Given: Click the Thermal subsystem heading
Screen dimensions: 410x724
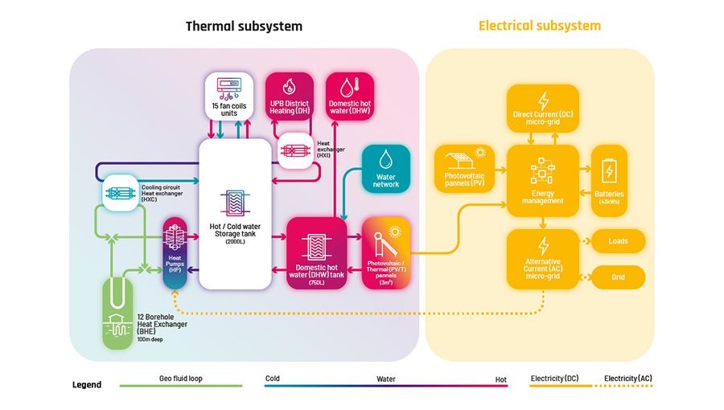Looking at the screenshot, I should pyautogui.click(x=244, y=26).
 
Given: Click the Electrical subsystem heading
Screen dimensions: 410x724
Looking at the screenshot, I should pyautogui.click(x=539, y=26).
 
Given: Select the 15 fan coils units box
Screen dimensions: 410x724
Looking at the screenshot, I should pyautogui.click(x=229, y=96).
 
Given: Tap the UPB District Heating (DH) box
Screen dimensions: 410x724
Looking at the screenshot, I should pyautogui.click(x=289, y=96).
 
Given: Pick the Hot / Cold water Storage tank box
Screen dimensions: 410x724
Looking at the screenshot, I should pyautogui.click(x=235, y=213).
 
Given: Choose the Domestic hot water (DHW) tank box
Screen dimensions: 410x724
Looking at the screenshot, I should pyautogui.click(x=316, y=252).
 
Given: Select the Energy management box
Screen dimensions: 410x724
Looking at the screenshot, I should pyautogui.click(x=542, y=180).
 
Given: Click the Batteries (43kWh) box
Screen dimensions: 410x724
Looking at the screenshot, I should pyautogui.click(x=609, y=180).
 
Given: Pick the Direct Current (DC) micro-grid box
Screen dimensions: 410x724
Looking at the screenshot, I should pyautogui.click(x=542, y=110).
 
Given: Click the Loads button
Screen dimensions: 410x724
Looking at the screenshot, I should pyautogui.click(x=618, y=240).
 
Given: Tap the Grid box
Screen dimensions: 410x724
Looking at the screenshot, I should pyautogui.click(x=618, y=277).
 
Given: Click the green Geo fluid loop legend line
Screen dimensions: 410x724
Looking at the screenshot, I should pyautogui.click(x=181, y=386).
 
